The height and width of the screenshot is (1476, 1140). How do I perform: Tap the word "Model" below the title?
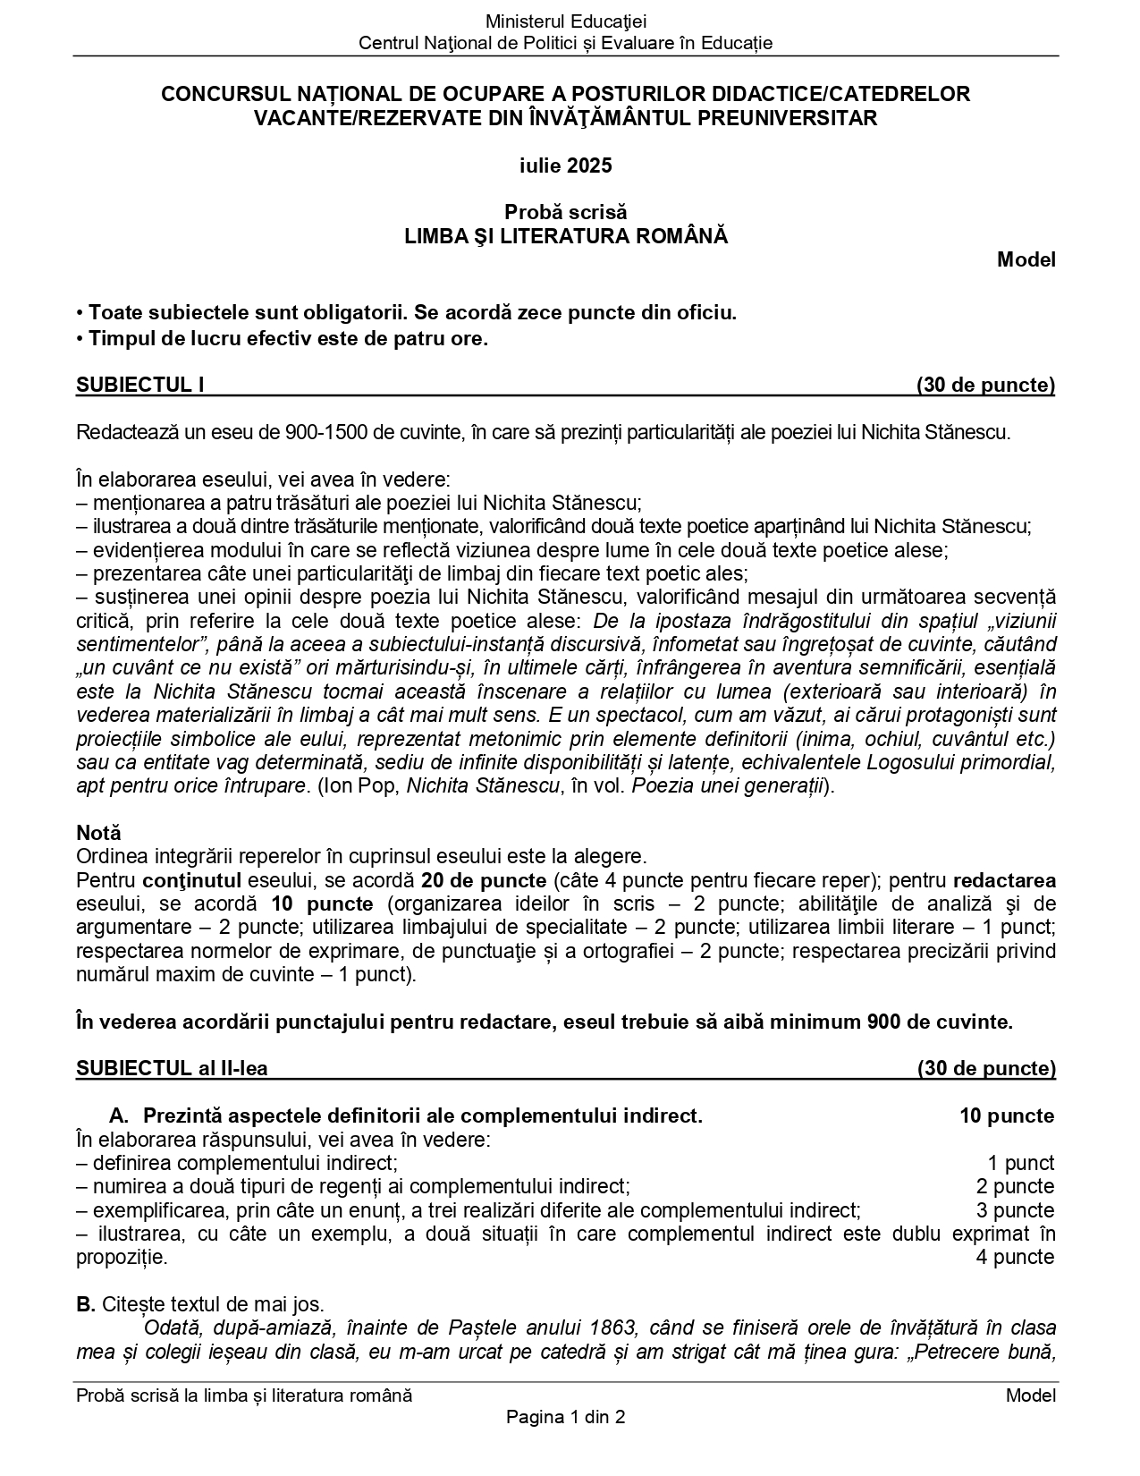[1026, 259]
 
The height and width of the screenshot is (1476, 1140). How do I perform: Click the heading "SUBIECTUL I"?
[140, 385]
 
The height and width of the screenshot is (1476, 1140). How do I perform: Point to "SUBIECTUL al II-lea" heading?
[172, 1068]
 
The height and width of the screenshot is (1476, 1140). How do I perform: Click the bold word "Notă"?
[98, 833]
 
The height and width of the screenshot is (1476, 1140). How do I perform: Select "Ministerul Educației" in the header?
[565, 21]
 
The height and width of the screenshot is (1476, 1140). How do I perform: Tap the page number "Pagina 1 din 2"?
[565, 1417]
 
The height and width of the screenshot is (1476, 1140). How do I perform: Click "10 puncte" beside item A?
[1007, 1115]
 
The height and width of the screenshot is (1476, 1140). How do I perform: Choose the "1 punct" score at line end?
[1020, 1163]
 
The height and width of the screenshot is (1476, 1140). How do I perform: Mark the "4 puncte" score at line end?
[1015, 1257]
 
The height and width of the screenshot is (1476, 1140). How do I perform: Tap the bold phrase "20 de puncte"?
[484, 880]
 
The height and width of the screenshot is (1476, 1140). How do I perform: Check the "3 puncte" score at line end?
[1015, 1210]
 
